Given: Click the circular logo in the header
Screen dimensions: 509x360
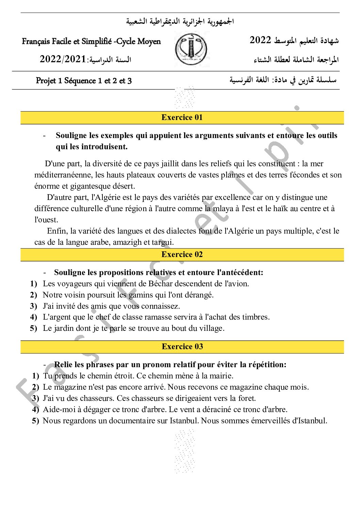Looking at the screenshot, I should coord(191,50).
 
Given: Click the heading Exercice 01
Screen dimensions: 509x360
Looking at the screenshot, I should coord(182,118).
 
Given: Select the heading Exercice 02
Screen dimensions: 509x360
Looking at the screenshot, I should coord(182,255).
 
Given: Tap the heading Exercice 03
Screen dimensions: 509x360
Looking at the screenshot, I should coord(182,347).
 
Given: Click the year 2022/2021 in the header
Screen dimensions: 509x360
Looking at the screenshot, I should coord(63,59).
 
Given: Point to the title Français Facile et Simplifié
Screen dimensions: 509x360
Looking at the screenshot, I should coord(91,41).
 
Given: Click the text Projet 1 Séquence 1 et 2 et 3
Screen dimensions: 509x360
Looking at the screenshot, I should coord(84,81).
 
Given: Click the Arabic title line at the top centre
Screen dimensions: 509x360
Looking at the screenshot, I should coord(180,21).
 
